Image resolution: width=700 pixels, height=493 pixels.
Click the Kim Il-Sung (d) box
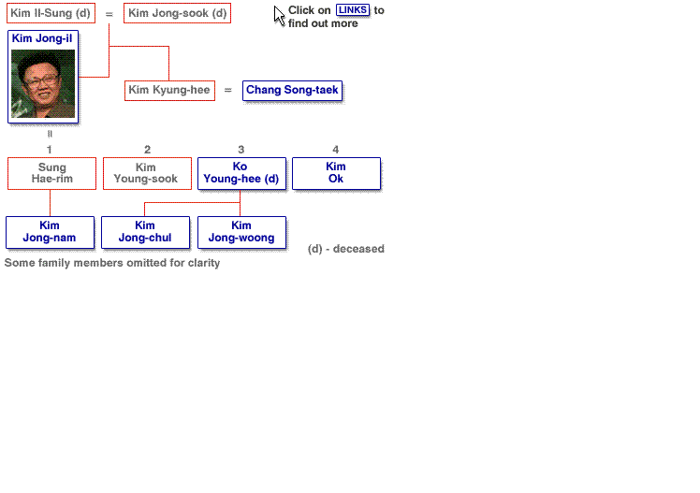51,13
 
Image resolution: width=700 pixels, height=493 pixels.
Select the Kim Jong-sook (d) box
177,13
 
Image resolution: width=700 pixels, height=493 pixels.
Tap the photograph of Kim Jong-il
43,83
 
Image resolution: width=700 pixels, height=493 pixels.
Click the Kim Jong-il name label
42,38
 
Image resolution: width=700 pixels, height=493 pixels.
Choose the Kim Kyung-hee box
169,91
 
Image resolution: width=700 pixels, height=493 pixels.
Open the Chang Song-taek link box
292,91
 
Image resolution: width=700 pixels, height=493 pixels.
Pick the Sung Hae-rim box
51,174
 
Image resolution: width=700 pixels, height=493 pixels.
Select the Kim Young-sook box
147,174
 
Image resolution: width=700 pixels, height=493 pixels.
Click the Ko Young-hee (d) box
241,174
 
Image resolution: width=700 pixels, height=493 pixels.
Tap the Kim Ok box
336,174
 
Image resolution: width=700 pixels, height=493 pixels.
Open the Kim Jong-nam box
50,232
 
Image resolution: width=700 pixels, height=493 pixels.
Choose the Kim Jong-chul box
146,232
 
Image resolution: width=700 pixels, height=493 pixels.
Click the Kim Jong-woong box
241,232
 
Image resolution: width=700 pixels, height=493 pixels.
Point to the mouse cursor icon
279,16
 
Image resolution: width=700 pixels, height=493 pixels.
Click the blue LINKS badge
353,10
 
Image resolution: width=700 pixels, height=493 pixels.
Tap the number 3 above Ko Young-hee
241,150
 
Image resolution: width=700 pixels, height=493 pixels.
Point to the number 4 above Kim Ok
336,150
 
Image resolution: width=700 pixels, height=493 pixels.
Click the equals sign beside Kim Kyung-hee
228,90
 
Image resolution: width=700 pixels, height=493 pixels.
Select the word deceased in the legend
358,249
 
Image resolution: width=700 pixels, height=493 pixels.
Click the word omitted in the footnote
146,263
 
